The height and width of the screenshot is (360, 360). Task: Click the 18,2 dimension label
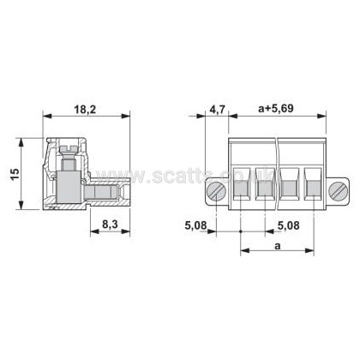point(85,109)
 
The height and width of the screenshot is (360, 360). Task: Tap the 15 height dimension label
point(15,174)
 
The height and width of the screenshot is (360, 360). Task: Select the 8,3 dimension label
point(110,225)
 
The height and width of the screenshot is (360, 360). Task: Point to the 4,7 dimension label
point(218,109)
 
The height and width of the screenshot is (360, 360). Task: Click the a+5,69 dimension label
point(276,109)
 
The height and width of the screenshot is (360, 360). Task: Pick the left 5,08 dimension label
point(195,225)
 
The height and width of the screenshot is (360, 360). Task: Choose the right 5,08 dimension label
point(289,225)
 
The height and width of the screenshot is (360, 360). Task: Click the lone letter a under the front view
point(278,246)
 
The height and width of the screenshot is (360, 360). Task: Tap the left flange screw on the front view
point(216,192)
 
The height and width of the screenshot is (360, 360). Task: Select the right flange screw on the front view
point(338,191)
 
